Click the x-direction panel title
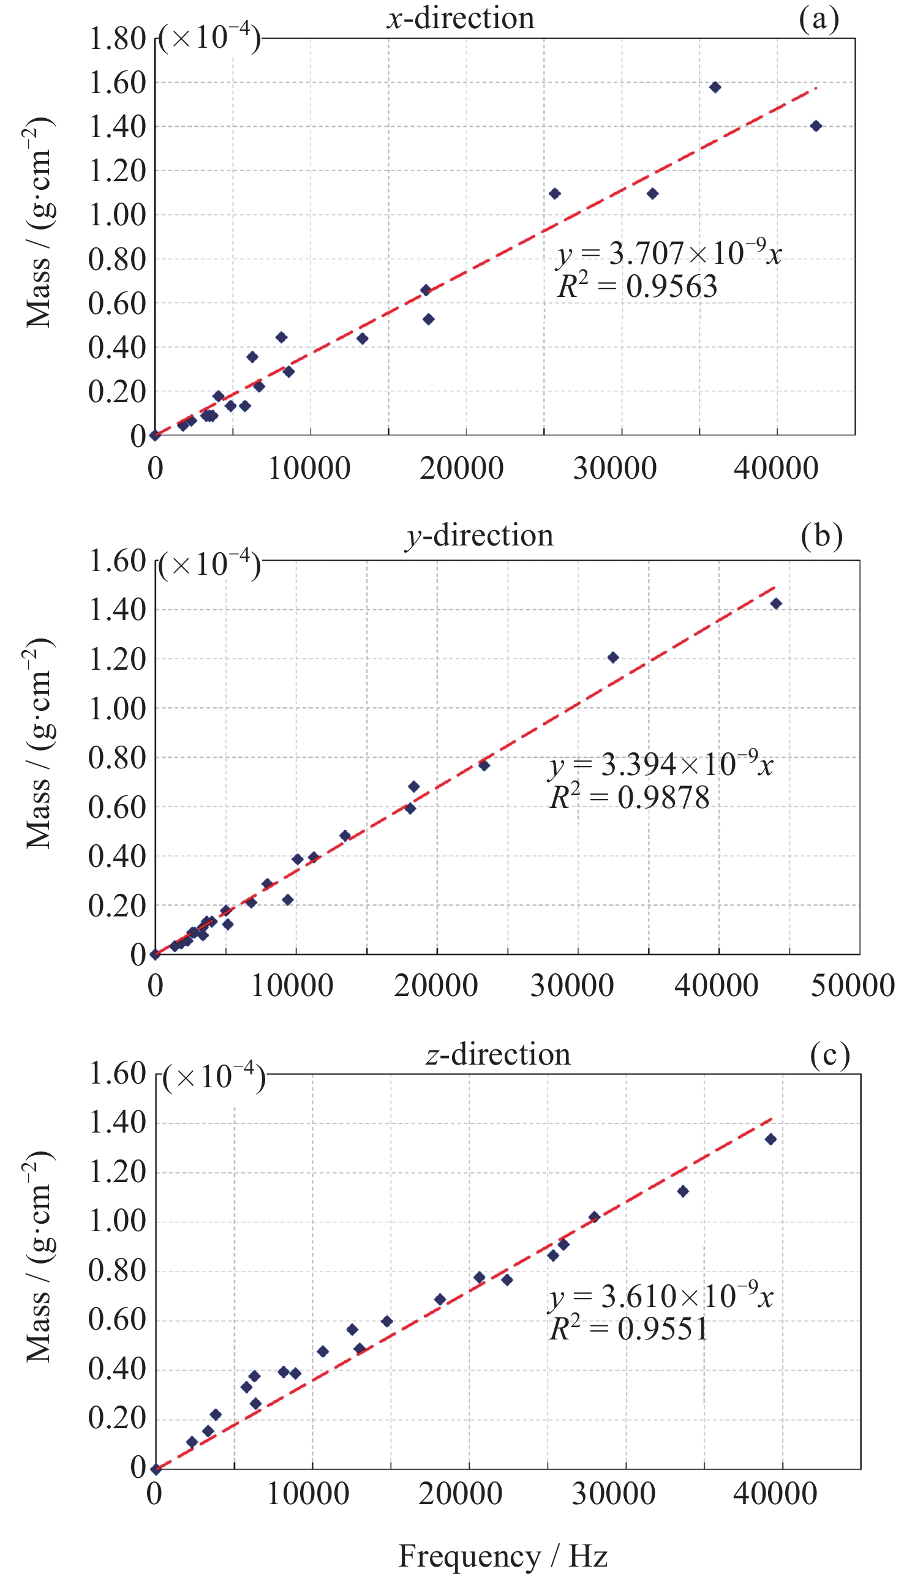461,17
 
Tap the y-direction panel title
480,535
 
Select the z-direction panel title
498,1054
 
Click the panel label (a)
819,18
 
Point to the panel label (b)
821,536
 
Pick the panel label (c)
829,1054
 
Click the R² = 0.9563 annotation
637,287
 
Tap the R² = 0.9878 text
630,798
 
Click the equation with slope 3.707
669,253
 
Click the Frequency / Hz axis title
502,1556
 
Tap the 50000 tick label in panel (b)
853,986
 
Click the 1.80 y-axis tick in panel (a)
118,39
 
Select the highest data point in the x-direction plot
715,88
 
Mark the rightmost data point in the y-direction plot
776,604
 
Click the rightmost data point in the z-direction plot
770,1139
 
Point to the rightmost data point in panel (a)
816,126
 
